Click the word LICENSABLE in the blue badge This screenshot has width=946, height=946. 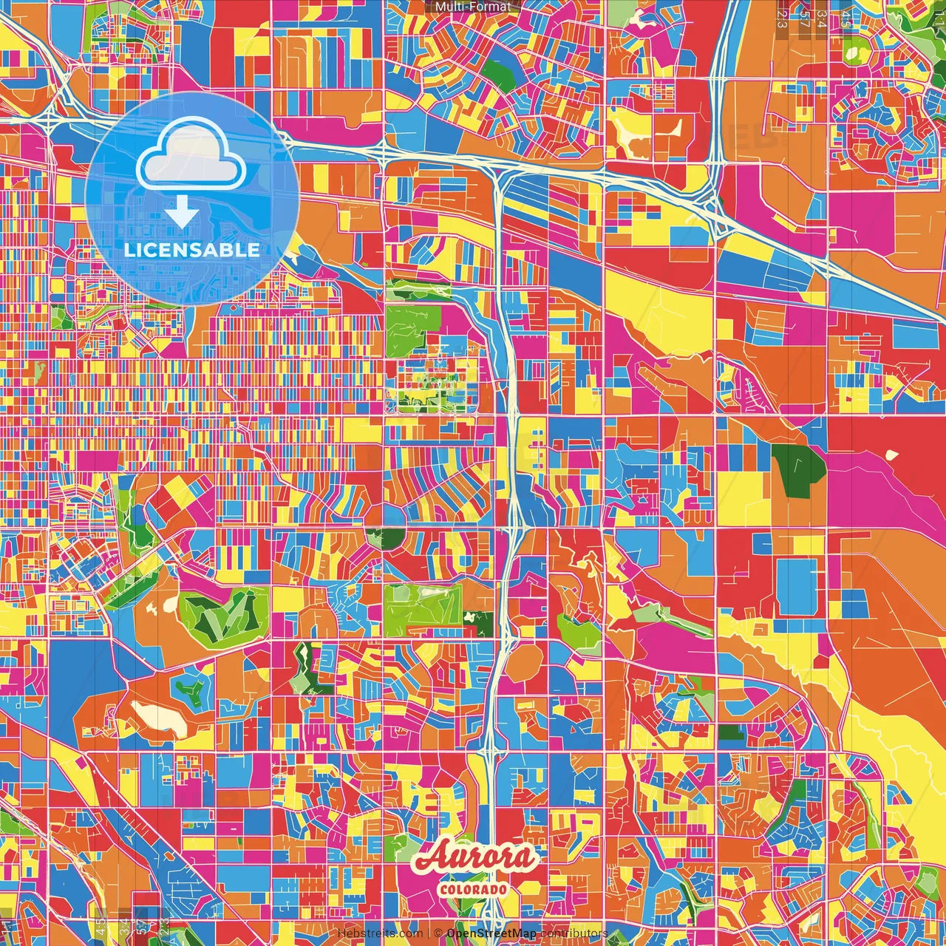pyautogui.click(x=191, y=250)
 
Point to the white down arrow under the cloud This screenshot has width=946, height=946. pyautogui.click(x=181, y=214)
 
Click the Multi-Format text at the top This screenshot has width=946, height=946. pyautogui.click(x=472, y=7)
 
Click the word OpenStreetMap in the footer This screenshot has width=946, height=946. pyautogui.click(x=491, y=933)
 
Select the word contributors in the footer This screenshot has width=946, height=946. pyautogui.click(x=574, y=933)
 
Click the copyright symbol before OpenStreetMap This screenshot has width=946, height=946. pyautogui.click(x=438, y=933)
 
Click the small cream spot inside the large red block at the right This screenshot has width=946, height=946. pyautogui.click(x=891, y=455)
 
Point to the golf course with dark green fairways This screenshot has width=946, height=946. pyautogui.click(x=222, y=613)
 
